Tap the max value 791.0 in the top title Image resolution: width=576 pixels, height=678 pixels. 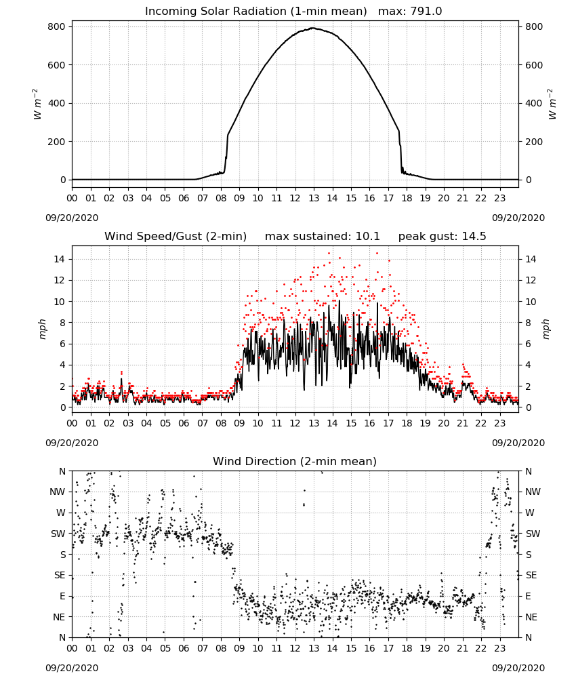tap(426, 12)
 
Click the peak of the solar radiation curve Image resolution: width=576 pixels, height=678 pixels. tap(314, 28)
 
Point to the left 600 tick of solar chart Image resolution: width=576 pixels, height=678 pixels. tap(57, 65)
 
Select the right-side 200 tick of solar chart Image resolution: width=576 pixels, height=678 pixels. tap(534, 142)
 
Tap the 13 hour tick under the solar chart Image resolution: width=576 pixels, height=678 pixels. tap(314, 199)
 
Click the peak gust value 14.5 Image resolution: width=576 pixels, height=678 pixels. tap(474, 237)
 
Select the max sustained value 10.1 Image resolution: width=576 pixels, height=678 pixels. tap(368, 237)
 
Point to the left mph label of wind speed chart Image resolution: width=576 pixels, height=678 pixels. tap(42, 329)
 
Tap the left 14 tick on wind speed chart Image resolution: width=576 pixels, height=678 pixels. tap(60, 259)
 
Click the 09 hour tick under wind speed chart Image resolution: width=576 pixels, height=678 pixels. tap(239, 423)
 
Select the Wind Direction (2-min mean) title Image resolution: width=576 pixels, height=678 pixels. tap(295, 461)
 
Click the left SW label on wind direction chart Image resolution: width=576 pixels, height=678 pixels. tap(58, 534)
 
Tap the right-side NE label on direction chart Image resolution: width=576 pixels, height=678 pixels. tap(531, 617)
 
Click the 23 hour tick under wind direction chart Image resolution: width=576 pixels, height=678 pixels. tap(500, 648)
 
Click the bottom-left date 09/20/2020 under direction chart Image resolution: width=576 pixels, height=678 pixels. tap(72, 668)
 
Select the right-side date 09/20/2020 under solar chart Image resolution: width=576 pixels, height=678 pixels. tap(518, 218)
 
